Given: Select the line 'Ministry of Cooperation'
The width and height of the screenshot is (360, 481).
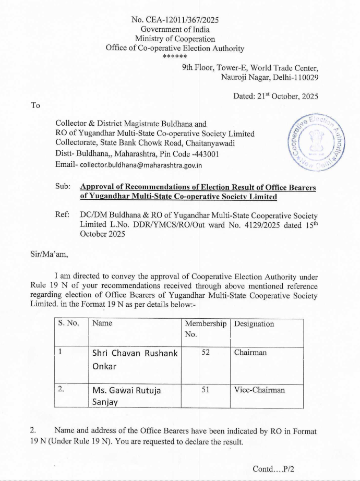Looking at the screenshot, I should (x=175, y=39).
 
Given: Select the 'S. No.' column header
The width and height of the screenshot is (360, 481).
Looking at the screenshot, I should (x=68, y=324).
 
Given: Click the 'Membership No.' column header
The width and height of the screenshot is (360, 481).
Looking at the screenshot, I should (x=205, y=329).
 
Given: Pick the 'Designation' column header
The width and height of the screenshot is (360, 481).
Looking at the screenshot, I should (x=254, y=324).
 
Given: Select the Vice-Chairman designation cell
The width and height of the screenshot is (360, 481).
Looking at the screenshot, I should (x=259, y=390).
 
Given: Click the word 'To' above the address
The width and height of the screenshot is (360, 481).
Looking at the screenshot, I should (x=35, y=105).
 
